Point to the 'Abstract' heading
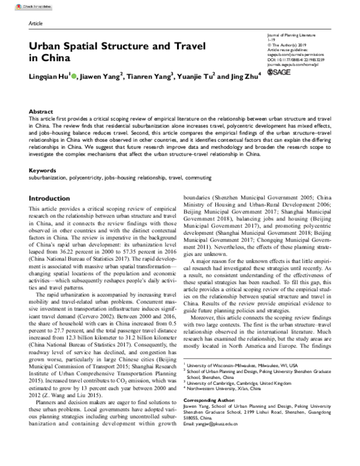click(41, 112)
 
